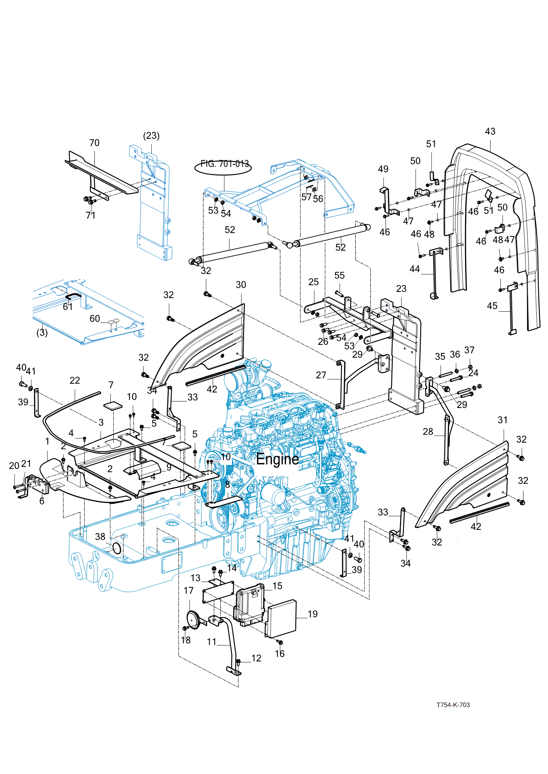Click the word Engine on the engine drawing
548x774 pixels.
[x=277, y=459]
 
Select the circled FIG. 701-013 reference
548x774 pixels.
[x=224, y=165]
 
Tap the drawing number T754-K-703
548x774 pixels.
[x=453, y=705]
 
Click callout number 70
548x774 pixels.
[x=94, y=143]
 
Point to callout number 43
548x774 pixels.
[x=490, y=131]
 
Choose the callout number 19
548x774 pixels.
[x=312, y=614]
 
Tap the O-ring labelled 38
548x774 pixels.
[x=116, y=548]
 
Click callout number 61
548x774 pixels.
[x=68, y=307]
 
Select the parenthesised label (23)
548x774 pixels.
[x=151, y=136]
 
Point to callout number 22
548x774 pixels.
[x=75, y=381]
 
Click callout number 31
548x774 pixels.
[x=502, y=420]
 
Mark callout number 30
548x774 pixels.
[x=241, y=285]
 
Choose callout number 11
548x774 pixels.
[x=212, y=642]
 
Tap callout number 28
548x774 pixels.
[x=428, y=432]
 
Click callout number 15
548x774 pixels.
[x=277, y=586]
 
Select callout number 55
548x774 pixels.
[x=339, y=276]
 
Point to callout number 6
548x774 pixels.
[x=42, y=501]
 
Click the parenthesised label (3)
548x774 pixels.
[x=42, y=333]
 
